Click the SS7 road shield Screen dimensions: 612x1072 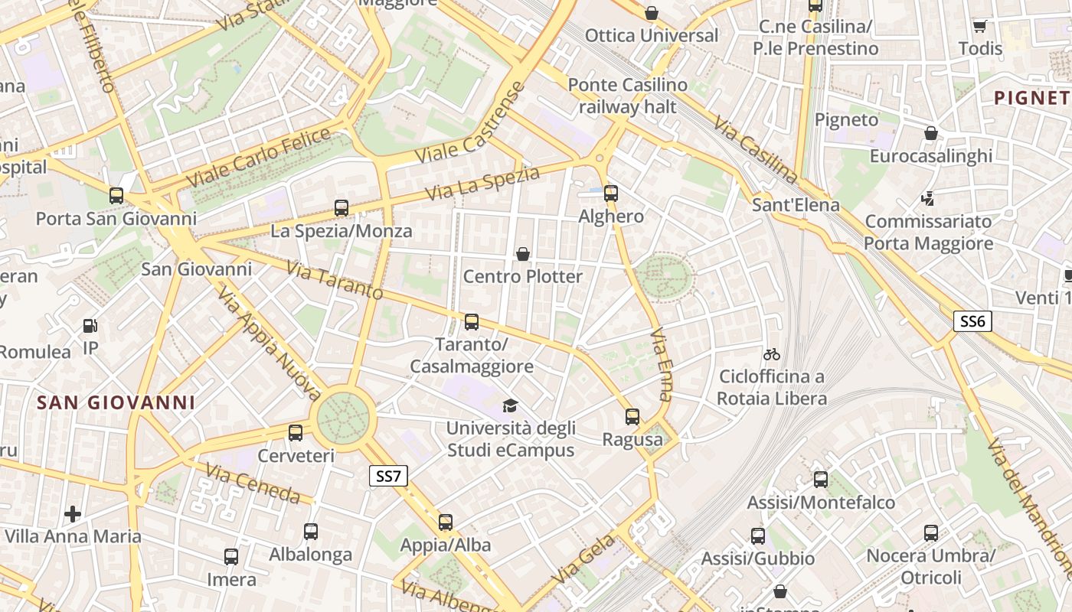388,477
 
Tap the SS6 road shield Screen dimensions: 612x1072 972,321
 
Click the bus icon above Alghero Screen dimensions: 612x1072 610,194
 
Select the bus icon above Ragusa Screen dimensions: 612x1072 632,417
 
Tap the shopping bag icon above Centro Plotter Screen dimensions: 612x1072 523,253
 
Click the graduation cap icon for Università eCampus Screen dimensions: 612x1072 510,405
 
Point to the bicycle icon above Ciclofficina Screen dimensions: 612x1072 771,354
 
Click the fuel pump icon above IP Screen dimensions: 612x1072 90,326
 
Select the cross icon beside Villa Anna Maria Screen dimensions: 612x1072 73,513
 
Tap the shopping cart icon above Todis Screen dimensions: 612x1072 979,26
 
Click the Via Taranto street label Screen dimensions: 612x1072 335,281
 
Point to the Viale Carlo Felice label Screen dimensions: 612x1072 258,158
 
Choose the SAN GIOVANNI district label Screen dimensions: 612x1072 116,402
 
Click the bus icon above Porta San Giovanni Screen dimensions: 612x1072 116,196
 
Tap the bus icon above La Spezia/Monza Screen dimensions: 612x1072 342,207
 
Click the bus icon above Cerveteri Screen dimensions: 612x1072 296,433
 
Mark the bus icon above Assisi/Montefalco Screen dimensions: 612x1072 820,480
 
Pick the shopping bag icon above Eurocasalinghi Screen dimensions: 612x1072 930,134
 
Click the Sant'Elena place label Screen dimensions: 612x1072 796,205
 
